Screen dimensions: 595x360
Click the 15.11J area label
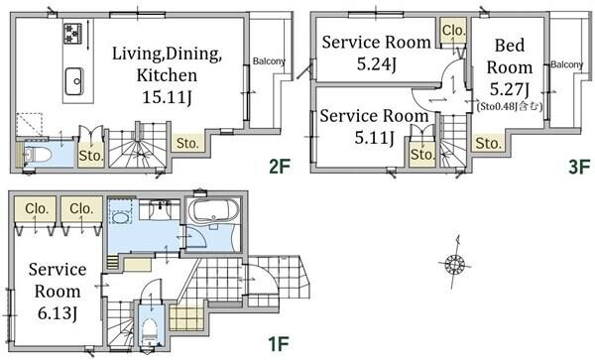click(167, 97)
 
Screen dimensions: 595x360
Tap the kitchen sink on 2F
click(74, 81)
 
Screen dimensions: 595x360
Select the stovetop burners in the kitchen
click(72, 34)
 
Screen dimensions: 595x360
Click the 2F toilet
click(37, 155)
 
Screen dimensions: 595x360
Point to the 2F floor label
click(280, 166)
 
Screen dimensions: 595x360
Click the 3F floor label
click(579, 167)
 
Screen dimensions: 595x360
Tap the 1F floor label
click(279, 344)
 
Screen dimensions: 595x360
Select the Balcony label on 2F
click(269, 61)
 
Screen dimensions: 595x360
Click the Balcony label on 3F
click(567, 64)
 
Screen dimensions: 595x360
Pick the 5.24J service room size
click(377, 64)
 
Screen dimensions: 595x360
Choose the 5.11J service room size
click(374, 137)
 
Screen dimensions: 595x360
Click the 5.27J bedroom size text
click(510, 89)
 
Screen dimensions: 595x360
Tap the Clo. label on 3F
click(454, 30)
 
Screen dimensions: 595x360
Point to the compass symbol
click(454, 263)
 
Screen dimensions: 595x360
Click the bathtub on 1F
click(213, 210)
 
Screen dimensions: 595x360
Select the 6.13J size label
click(58, 313)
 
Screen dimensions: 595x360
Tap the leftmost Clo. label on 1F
click(37, 208)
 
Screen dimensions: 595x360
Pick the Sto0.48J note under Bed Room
click(510, 106)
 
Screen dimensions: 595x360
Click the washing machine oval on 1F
click(120, 218)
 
